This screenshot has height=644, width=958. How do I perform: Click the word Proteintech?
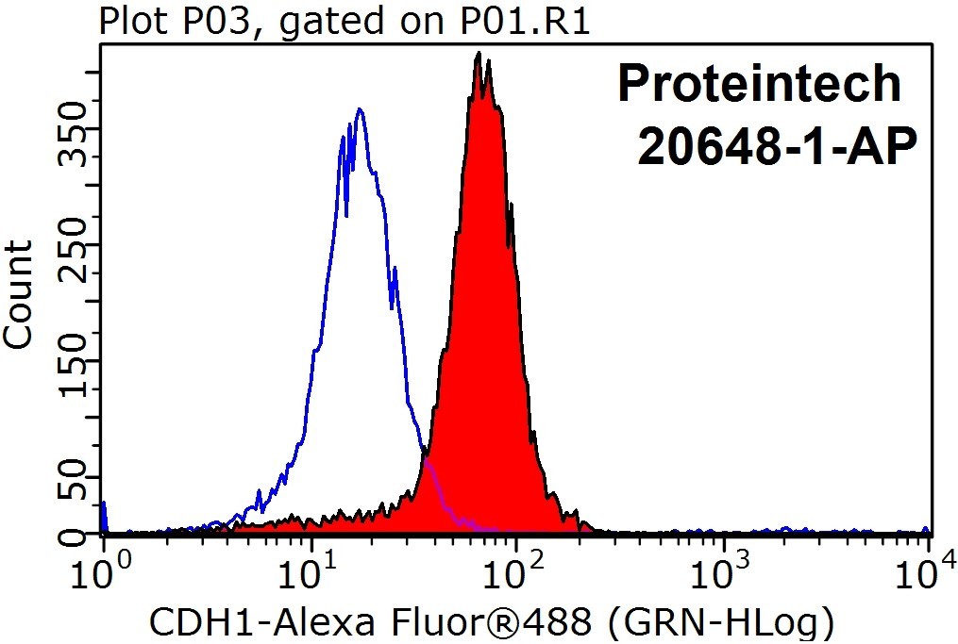(760, 83)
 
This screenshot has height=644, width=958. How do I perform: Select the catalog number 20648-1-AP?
(777, 147)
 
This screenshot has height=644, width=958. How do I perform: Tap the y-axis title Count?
(18, 294)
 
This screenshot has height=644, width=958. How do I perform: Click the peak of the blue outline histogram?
(360, 109)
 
